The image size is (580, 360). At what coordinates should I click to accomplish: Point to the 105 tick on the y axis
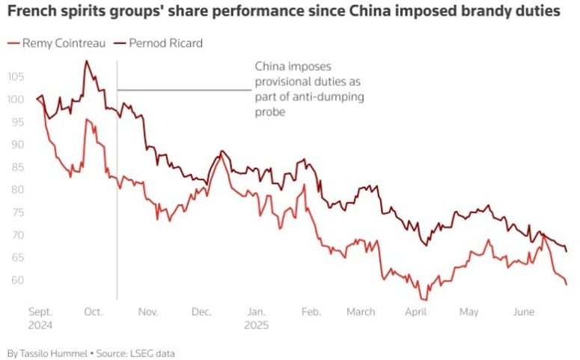coord(17,76)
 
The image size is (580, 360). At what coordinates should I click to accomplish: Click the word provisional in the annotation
coord(289,82)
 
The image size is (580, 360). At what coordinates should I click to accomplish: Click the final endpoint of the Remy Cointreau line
coord(566,284)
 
